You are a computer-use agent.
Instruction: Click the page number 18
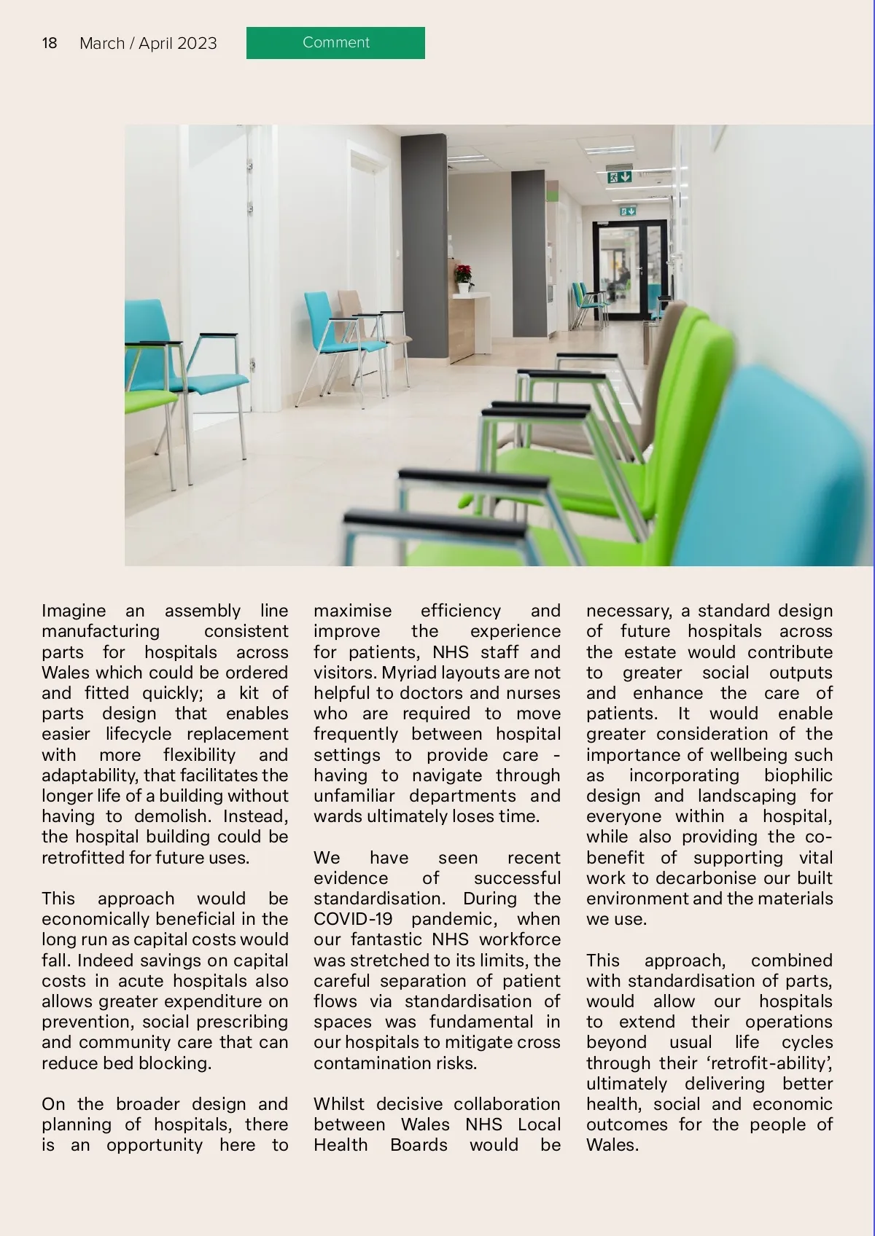(x=50, y=43)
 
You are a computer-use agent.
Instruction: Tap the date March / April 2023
(x=148, y=44)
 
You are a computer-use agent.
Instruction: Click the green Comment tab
(x=335, y=43)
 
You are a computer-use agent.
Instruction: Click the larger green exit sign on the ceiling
(x=618, y=177)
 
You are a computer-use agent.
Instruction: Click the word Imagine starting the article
(x=74, y=611)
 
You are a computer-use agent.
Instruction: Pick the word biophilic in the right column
(x=798, y=775)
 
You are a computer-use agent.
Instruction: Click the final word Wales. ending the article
(x=612, y=1145)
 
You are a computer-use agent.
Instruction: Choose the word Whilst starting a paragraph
(x=339, y=1104)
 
